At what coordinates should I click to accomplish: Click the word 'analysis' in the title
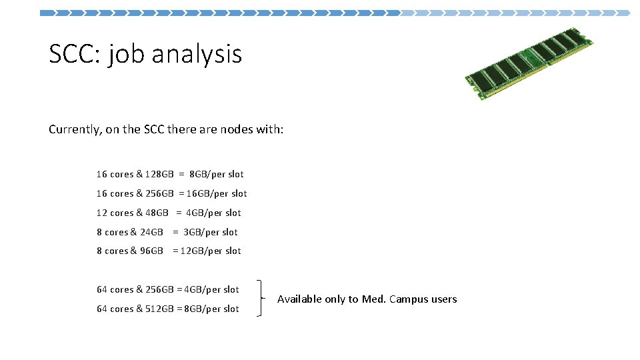[x=197, y=54]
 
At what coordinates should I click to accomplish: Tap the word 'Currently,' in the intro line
[x=75, y=129]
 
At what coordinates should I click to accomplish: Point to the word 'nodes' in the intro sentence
[x=236, y=129]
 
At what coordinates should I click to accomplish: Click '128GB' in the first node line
[x=160, y=175]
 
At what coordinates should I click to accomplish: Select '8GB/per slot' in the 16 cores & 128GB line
[x=217, y=175]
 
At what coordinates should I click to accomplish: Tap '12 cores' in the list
[x=115, y=213]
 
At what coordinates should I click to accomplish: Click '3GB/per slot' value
[x=210, y=233]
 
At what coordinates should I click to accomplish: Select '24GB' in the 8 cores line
[x=151, y=233]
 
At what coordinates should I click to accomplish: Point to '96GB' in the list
[x=151, y=251]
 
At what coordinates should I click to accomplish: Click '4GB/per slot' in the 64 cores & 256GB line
[x=211, y=290]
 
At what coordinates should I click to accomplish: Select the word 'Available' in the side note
[x=299, y=299]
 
